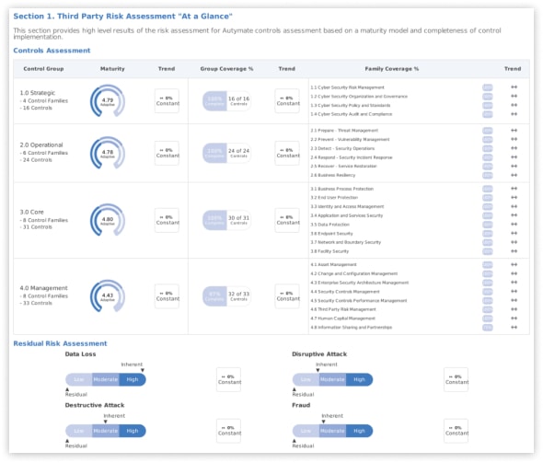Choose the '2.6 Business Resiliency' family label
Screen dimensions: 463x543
click(333, 174)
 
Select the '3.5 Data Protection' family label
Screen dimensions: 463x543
click(329, 225)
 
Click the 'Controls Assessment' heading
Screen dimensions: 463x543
click(52, 51)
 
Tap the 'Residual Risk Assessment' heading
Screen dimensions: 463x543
click(60, 343)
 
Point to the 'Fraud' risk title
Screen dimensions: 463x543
click(301, 405)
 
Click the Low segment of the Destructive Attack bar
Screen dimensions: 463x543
click(79, 431)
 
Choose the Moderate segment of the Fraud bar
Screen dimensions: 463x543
click(332, 431)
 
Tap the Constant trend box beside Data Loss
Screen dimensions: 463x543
click(228, 379)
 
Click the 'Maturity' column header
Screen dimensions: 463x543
click(112, 69)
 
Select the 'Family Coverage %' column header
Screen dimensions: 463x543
click(391, 69)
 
